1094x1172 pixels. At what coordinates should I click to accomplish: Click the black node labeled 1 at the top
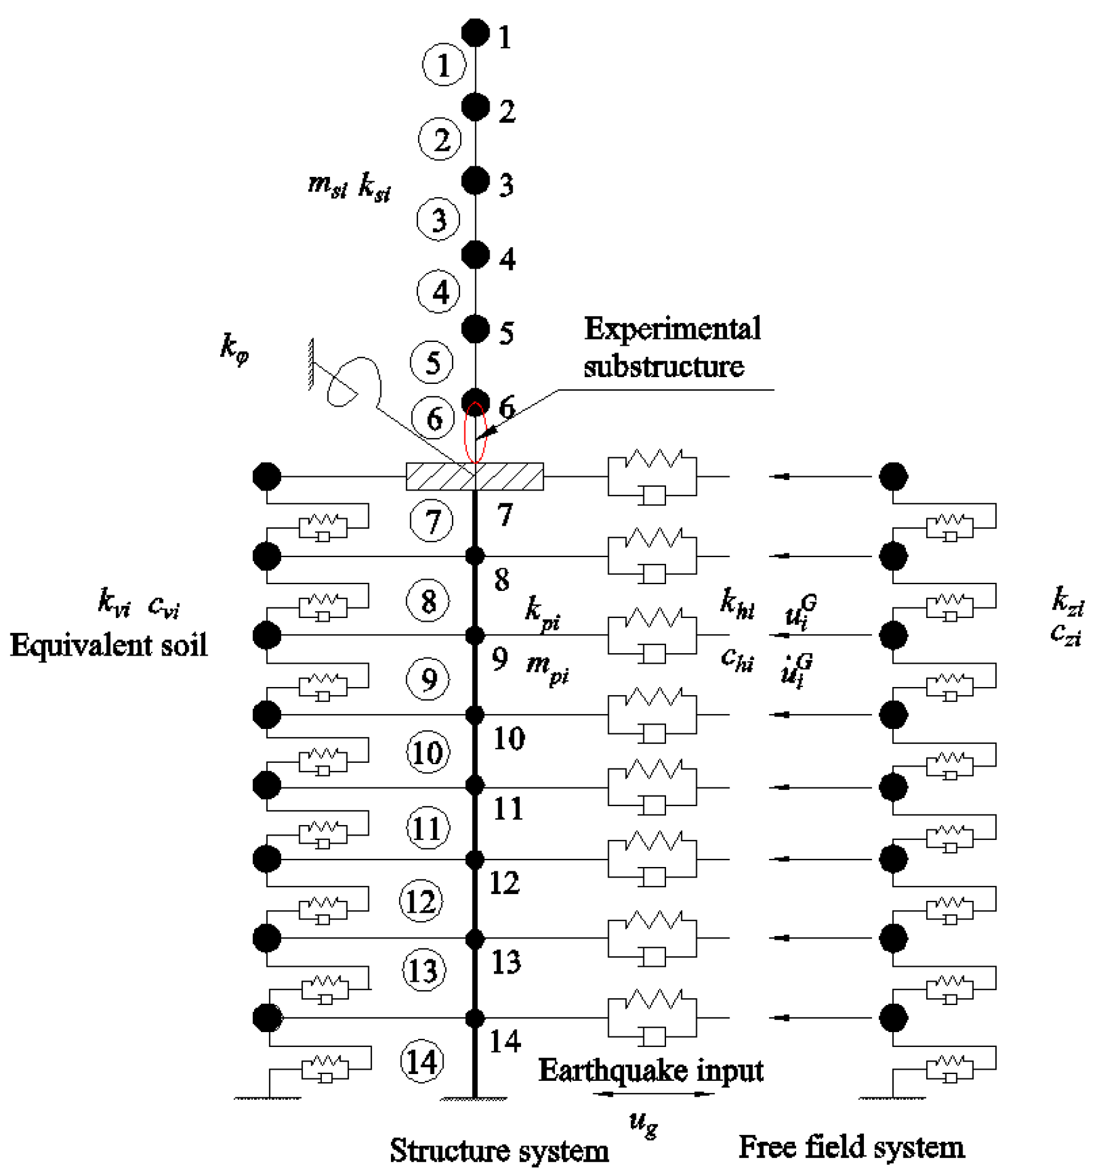coord(475,33)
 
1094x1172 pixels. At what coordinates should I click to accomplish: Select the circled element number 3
coord(438,219)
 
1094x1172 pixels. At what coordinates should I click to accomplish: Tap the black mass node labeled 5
coord(475,329)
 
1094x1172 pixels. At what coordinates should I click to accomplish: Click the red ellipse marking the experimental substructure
coord(475,433)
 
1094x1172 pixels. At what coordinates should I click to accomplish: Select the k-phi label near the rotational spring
coord(234,349)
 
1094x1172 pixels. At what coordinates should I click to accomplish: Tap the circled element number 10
coord(427,752)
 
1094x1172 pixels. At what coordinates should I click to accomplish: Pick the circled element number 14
coord(422,1062)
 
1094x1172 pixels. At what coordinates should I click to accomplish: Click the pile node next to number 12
coord(475,860)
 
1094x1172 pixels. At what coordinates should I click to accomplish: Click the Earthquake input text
coord(651,1070)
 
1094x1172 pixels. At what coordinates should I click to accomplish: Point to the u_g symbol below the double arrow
coord(643,1123)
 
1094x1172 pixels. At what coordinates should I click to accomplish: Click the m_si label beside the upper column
coord(327,185)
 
